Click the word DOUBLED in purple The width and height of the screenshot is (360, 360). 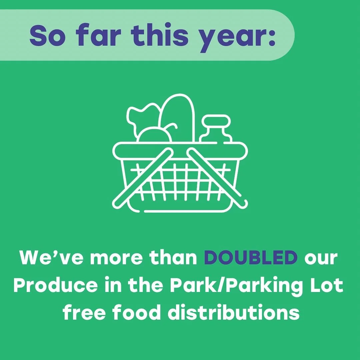point(250,258)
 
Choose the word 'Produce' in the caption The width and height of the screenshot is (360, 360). point(55,286)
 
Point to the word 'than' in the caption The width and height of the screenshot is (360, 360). point(173,258)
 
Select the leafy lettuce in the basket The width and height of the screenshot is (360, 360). point(140,117)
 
